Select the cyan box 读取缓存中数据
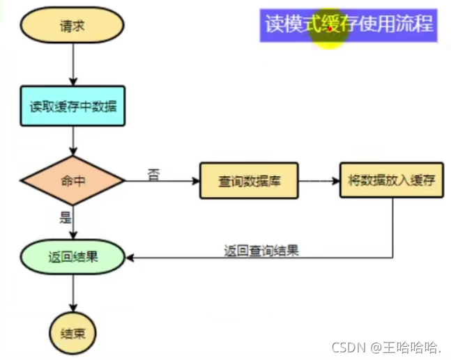click(x=73, y=108)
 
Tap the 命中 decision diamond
click(x=73, y=180)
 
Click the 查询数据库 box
click(x=249, y=181)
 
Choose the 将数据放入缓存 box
click(x=391, y=180)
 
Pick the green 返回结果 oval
click(x=73, y=257)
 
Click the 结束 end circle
click(x=73, y=333)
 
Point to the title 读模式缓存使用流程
click(x=349, y=24)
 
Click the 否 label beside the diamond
click(x=154, y=174)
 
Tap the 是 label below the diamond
click(x=66, y=217)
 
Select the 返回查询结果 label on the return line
click(x=261, y=251)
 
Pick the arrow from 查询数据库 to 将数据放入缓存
click(x=319, y=181)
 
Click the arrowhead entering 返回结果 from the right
click(x=130, y=258)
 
